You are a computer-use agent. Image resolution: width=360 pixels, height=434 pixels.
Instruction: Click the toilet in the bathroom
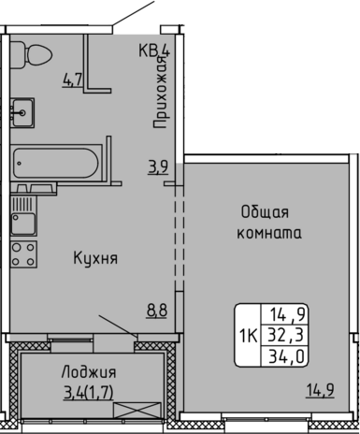pos(31,55)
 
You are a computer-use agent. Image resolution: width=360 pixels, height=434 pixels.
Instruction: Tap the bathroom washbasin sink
pos(22,112)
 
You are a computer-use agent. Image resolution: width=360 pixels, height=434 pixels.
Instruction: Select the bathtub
pos(56,164)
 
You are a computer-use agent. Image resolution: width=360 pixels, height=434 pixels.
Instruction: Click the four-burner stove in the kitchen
pos(23,254)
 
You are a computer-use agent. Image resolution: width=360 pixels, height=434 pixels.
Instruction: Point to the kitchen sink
pos(23,215)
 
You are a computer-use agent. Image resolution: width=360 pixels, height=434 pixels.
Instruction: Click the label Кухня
pos(95,258)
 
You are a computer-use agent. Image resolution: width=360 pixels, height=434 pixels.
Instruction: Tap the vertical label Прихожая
pos(162,92)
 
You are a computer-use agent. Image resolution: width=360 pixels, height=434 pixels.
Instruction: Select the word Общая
pos(265,212)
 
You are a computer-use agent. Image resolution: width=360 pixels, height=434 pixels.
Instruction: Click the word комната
pos(269,233)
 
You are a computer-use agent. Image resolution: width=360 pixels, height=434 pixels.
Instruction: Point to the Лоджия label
pos(89,372)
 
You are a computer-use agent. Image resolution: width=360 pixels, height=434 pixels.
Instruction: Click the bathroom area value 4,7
pos(72,80)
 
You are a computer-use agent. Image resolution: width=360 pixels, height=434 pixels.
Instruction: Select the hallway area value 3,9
pos(158,167)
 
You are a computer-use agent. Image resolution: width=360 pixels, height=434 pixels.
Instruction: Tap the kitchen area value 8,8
pos(157,311)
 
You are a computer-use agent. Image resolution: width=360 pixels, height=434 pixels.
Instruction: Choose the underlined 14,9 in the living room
pos(321,390)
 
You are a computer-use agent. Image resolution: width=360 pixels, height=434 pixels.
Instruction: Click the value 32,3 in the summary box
pos(285,336)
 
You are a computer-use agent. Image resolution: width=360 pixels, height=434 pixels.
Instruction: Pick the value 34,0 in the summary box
pos(286,356)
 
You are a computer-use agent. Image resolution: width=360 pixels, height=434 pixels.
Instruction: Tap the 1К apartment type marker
pos(248,336)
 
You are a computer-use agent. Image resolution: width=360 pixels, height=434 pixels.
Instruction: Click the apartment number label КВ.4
pos(154,51)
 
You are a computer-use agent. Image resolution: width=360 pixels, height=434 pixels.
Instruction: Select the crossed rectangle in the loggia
pos(137,411)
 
